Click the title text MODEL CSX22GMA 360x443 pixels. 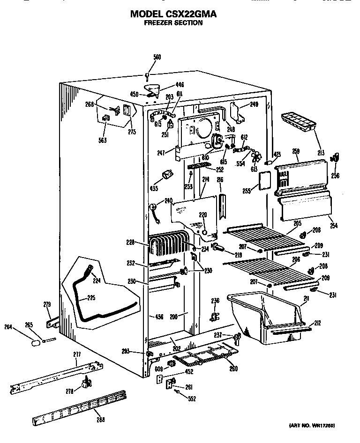[173, 14]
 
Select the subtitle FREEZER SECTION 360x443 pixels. [173, 22]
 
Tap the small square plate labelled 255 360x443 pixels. [265, 181]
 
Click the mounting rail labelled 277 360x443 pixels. [56, 375]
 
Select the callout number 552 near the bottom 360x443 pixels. [191, 399]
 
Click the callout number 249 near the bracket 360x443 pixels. [254, 104]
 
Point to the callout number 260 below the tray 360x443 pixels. [233, 368]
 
